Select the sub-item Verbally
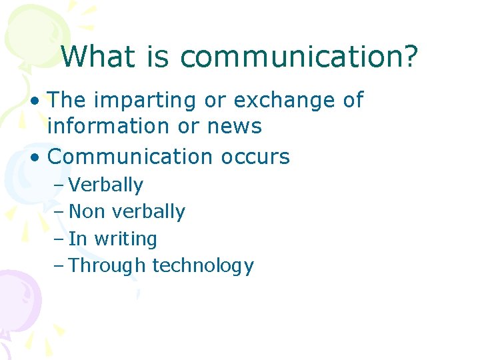[x=106, y=185]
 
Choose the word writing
[x=126, y=239]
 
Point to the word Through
[x=107, y=265]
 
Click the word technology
[x=203, y=266]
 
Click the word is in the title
[x=159, y=57]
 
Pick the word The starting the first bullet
[x=68, y=101]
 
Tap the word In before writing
[x=78, y=239]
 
